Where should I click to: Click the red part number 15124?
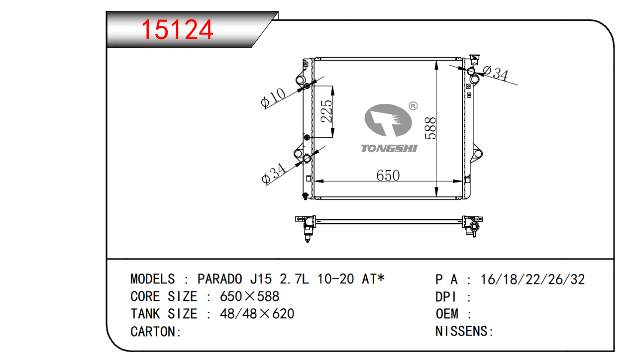point(177,29)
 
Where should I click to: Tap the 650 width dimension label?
point(388,176)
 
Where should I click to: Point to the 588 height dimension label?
point(430,128)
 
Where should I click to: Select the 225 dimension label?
point(326,111)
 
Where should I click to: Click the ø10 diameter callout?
point(273,98)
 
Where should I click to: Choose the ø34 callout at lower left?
point(273,174)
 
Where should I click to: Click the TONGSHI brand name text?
point(389,148)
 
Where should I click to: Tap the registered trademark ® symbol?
point(413,106)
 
